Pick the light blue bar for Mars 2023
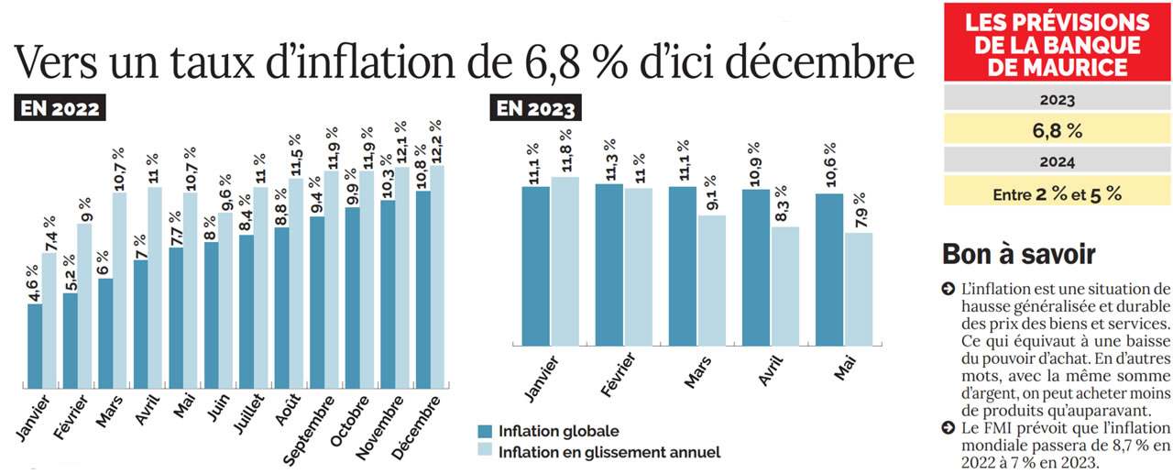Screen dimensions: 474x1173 711,280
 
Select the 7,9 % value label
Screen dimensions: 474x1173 859,210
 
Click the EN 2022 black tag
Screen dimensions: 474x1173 60,108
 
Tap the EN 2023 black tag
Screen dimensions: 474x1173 537,108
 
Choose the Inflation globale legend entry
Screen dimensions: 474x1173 549,431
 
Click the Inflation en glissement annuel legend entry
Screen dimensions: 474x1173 599,451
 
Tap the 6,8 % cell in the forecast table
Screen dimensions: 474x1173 1058,130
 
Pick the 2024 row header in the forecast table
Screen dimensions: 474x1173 1058,162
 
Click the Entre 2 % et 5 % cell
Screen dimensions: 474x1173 1058,193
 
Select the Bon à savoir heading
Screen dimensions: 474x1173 1018,254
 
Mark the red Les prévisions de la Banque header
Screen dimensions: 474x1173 1058,43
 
